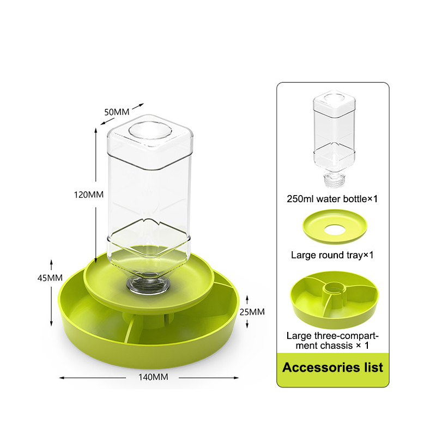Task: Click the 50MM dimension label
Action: (x=117, y=112)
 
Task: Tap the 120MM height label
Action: (x=89, y=195)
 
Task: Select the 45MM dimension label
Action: (x=50, y=277)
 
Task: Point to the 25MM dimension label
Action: (x=252, y=312)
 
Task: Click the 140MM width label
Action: (x=153, y=377)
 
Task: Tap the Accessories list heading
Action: (x=332, y=367)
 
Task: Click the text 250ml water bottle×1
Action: (x=332, y=199)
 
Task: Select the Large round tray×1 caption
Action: (x=332, y=255)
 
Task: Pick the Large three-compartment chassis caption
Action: (x=332, y=341)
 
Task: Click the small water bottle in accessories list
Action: (x=334, y=138)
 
